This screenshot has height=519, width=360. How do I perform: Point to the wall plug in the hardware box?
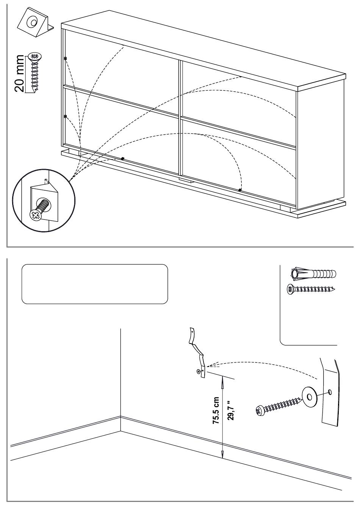tap(314, 273)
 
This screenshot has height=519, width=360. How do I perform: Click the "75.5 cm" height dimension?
tap(216, 411)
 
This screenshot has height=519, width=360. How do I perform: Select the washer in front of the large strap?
tap(309, 397)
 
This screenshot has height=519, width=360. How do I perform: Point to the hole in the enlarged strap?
tap(330, 391)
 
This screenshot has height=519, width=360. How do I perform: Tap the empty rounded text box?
tap(95, 284)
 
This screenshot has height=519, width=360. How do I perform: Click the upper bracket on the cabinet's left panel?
tap(66, 58)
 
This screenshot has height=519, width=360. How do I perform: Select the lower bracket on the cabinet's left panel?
tap(66, 116)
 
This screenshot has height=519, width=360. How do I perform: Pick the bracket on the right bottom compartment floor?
tap(240, 190)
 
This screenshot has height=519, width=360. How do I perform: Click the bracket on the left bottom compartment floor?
tap(122, 158)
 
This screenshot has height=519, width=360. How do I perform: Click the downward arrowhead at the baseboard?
tap(222, 455)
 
